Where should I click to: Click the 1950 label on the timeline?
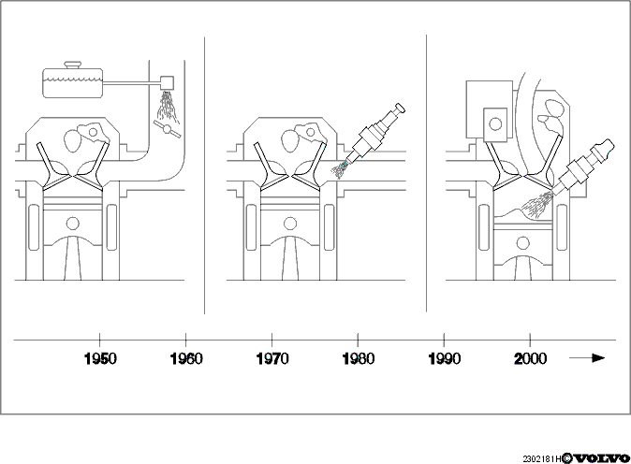pos(100,358)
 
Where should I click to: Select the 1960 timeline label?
pos(186,358)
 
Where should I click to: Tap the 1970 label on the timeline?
pos(272,358)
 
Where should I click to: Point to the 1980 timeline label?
pos(359,358)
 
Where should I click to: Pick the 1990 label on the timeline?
pos(445,358)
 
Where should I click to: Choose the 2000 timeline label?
pos(531,358)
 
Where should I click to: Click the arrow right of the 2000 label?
pos(587,358)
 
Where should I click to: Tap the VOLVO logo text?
pos(601,458)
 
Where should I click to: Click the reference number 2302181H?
pos(542,458)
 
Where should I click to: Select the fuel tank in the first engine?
pos(73,83)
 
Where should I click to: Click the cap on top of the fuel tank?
pos(73,65)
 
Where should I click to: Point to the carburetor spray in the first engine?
pos(168,107)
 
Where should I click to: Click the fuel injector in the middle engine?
pos(375,133)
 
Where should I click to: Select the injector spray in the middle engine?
pos(340,170)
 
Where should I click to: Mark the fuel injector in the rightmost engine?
pos(583,165)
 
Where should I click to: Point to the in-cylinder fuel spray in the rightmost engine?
pos(537,205)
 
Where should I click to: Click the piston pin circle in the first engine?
pos(73,224)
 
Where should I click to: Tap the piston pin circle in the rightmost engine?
pos(523,243)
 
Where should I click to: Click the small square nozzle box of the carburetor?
pos(167,83)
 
